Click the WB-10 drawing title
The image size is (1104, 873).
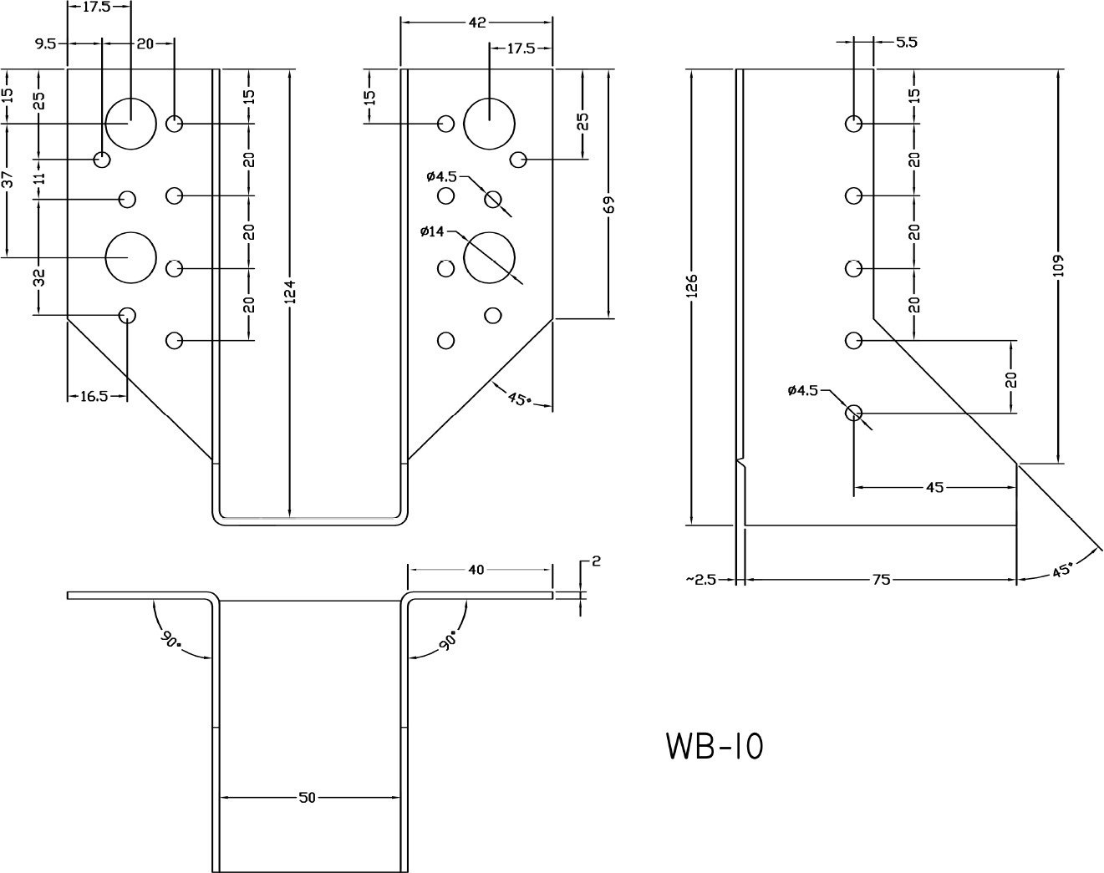tap(715, 746)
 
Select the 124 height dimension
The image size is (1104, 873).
tap(290, 292)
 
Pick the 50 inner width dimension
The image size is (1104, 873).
tap(308, 798)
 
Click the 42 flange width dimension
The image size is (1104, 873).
tap(476, 23)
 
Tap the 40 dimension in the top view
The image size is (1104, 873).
tap(476, 570)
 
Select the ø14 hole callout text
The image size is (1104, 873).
tap(433, 231)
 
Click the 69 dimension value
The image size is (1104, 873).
tap(608, 205)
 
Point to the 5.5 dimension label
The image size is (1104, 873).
tap(906, 42)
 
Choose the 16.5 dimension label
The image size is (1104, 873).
tap(94, 396)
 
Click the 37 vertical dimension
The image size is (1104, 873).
tap(7, 179)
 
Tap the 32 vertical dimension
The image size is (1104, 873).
tap(39, 278)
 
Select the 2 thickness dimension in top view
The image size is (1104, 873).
tap(596, 561)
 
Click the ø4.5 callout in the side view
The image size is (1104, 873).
tap(803, 391)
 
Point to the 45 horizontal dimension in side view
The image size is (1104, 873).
tap(934, 487)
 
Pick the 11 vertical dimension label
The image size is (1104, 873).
tap(39, 178)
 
